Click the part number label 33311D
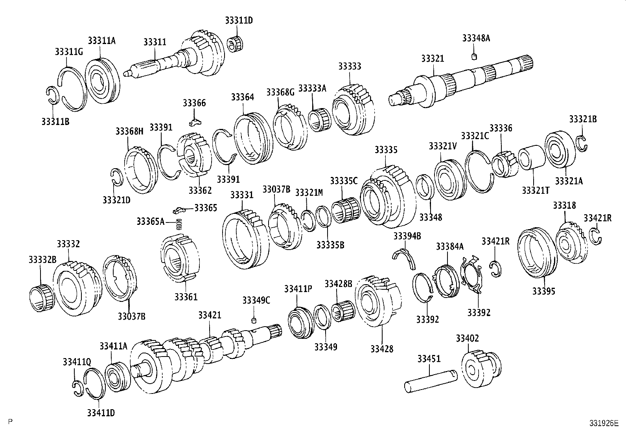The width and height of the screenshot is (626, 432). click(x=239, y=20)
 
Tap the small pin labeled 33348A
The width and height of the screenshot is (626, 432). click(x=474, y=56)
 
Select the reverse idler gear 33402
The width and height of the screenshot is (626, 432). click(x=482, y=368)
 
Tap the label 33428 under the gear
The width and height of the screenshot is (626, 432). click(x=381, y=349)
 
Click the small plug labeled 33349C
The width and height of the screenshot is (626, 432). click(x=254, y=319)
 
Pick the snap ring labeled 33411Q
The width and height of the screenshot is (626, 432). click(x=77, y=387)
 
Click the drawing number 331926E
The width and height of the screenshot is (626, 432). click(x=604, y=423)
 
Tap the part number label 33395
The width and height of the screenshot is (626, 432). click(x=544, y=291)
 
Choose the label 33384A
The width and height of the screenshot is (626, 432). click(x=449, y=246)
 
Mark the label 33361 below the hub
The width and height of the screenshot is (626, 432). click(x=186, y=296)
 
